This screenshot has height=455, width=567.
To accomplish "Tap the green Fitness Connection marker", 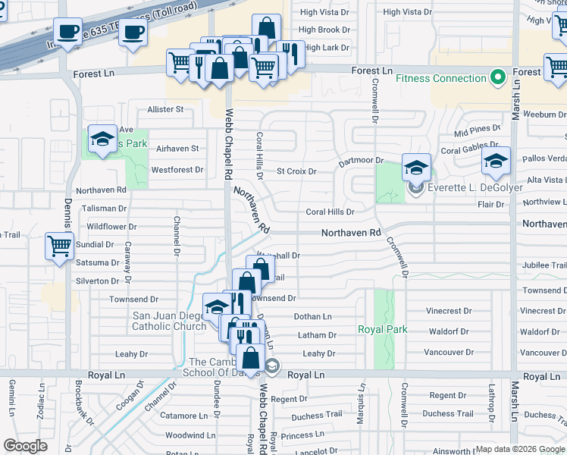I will pos(498,77).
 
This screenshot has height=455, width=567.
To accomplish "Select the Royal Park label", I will pos(383,329).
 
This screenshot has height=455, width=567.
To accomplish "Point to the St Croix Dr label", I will pos(296,171).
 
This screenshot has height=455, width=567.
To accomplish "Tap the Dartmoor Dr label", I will pos(361,161).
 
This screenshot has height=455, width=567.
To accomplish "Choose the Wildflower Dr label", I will pos(111,226).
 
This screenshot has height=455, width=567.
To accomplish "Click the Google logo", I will pos(26,446).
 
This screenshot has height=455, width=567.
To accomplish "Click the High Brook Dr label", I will pos(324,30).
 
